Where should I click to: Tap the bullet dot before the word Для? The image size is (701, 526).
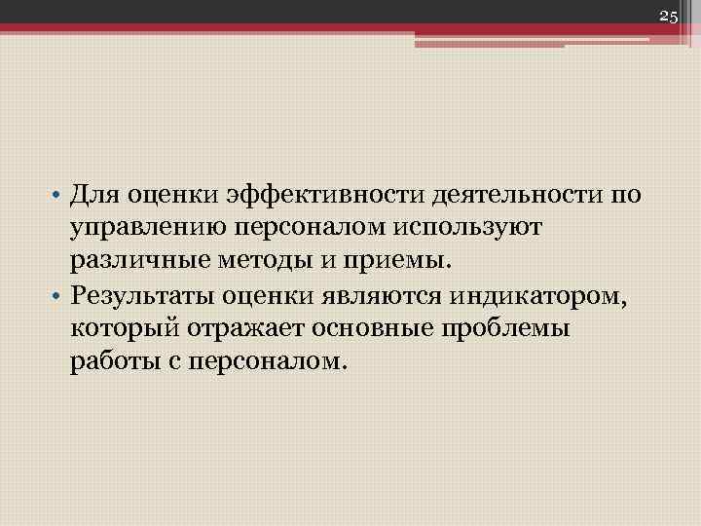point(58,195)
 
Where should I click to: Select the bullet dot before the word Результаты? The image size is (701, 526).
point(58,296)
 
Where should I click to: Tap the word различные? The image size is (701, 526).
point(135,261)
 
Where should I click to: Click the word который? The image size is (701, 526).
point(117,329)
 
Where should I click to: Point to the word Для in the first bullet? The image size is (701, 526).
point(93,194)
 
